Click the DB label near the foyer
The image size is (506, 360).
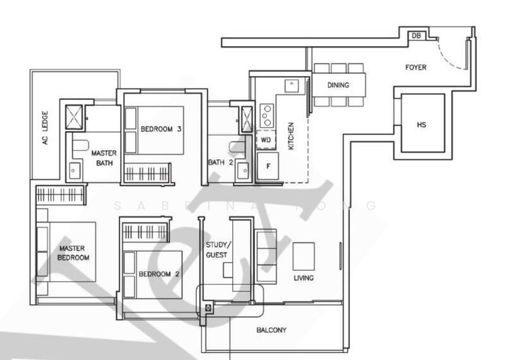click(x=416, y=36)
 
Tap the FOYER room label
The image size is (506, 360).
click(x=416, y=67)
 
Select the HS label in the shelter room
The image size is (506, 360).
click(x=421, y=125)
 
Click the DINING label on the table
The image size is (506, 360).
click(x=338, y=85)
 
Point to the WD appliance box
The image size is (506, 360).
click(x=265, y=140)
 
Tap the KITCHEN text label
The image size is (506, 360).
click(x=291, y=136)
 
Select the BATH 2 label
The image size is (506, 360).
click(x=221, y=163)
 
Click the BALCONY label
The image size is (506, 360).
click(x=271, y=330)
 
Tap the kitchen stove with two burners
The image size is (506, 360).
click(x=267, y=116)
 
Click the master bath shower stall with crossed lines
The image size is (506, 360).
click(x=75, y=115)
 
